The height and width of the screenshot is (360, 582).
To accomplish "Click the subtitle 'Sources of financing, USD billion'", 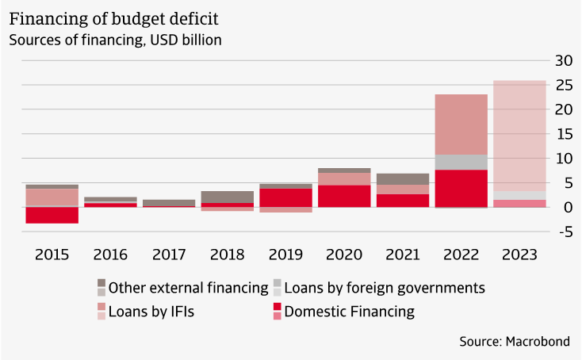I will (x=115, y=38).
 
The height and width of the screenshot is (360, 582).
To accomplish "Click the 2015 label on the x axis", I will (x=52, y=255).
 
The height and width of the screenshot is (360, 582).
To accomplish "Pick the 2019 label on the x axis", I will (x=285, y=255).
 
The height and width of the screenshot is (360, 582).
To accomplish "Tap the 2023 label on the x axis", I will (x=519, y=255).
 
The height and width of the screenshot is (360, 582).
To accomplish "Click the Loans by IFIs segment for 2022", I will (x=461, y=124).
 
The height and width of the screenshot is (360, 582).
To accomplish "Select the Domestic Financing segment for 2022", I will (x=461, y=188).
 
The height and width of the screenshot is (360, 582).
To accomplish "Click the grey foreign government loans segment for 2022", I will (x=461, y=162).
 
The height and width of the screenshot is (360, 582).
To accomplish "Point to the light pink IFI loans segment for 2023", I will (x=519, y=135).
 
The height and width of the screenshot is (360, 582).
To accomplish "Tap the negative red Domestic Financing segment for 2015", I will (x=52, y=215).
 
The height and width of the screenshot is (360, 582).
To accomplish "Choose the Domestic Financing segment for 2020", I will (x=344, y=196).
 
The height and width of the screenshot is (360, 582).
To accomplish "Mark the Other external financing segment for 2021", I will (x=403, y=178).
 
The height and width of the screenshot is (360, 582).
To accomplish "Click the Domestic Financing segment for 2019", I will (x=285, y=197).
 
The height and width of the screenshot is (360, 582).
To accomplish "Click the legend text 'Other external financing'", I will (x=188, y=287).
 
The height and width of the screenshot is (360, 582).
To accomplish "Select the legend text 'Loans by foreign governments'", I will (x=384, y=287).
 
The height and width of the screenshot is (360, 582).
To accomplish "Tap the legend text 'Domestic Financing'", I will (x=349, y=312).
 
